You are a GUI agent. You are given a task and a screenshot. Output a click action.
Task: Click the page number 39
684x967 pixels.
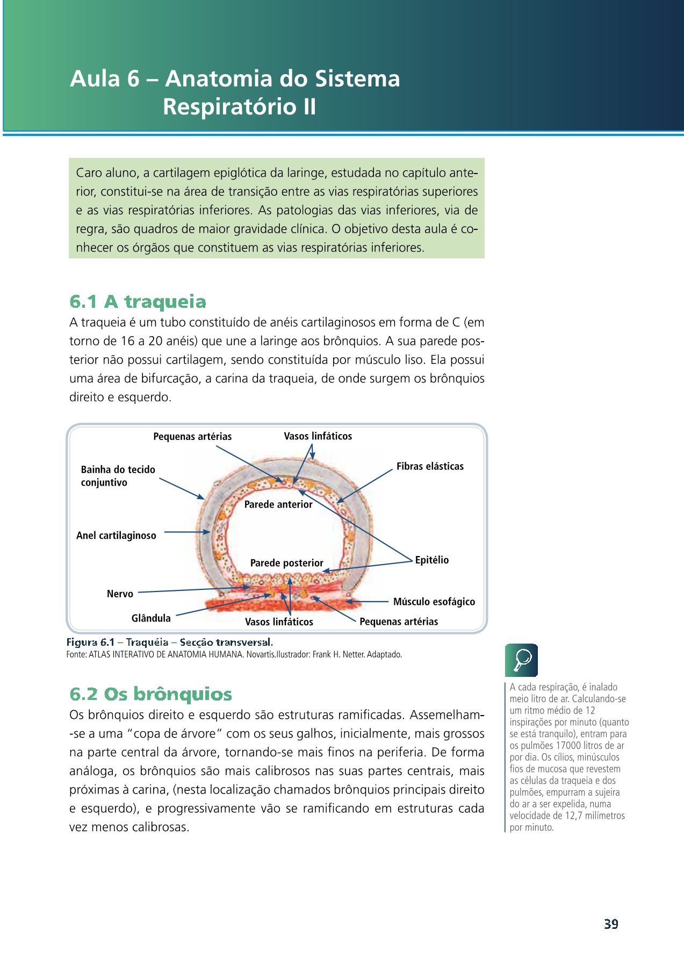pyautogui.click(x=611, y=924)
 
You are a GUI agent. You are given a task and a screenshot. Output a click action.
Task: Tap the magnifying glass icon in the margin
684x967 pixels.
pyautogui.click(x=521, y=660)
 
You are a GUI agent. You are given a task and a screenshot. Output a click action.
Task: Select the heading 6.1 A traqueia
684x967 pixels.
pyautogui.click(x=138, y=301)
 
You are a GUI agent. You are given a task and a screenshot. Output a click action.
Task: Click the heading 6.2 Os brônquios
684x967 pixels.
pyautogui.click(x=150, y=694)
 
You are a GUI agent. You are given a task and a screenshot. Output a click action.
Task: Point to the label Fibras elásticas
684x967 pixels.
pyautogui.click(x=430, y=466)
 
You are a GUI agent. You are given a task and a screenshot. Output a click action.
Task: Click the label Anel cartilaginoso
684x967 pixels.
pyautogui.click(x=116, y=536)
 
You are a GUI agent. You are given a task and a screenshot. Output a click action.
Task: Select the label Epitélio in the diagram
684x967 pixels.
pyautogui.click(x=431, y=560)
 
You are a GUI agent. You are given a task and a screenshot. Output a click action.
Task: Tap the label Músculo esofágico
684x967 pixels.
pyautogui.click(x=434, y=602)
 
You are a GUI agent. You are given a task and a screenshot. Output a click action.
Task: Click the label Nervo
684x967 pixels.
pyautogui.click(x=120, y=594)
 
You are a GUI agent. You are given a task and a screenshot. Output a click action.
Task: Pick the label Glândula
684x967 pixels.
pyautogui.click(x=151, y=618)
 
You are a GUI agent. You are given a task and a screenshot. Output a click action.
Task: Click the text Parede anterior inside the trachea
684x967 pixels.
pyautogui.click(x=278, y=504)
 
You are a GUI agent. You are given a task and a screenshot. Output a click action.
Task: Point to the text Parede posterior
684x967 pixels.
pyautogui.click(x=286, y=563)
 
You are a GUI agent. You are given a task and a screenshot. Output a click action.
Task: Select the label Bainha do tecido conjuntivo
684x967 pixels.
pyautogui.click(x=118, y=476)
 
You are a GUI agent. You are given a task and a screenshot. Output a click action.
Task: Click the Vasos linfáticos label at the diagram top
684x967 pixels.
pyautogui.click(x=318, y=436)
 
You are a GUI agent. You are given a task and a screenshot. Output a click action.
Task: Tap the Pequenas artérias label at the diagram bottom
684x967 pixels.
pyautogui.click(x=398, y=622)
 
